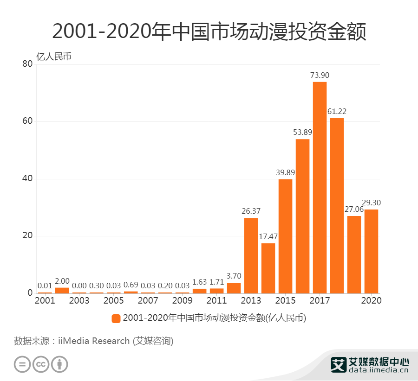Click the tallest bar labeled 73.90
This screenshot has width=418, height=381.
click(320, 187)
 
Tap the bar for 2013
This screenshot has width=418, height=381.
click(251, 255)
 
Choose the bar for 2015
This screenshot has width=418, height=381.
click(285, 236)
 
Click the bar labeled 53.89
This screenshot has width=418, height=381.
click(302, 216)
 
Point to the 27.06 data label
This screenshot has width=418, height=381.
click(354, 210)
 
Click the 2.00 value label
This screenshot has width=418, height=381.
click(62, 281)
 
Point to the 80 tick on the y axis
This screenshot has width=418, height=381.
click(27, 64)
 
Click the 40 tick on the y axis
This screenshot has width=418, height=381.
click(27, 179)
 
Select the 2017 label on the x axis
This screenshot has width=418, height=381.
click(320, 300)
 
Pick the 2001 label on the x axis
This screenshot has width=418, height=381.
click(45, 300)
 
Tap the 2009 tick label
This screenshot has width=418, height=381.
click(183, 300)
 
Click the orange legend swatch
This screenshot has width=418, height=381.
click(116, 318)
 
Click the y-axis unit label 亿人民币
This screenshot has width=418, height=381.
click(54, 57)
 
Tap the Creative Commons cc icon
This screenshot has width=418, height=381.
click(41, 364)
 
